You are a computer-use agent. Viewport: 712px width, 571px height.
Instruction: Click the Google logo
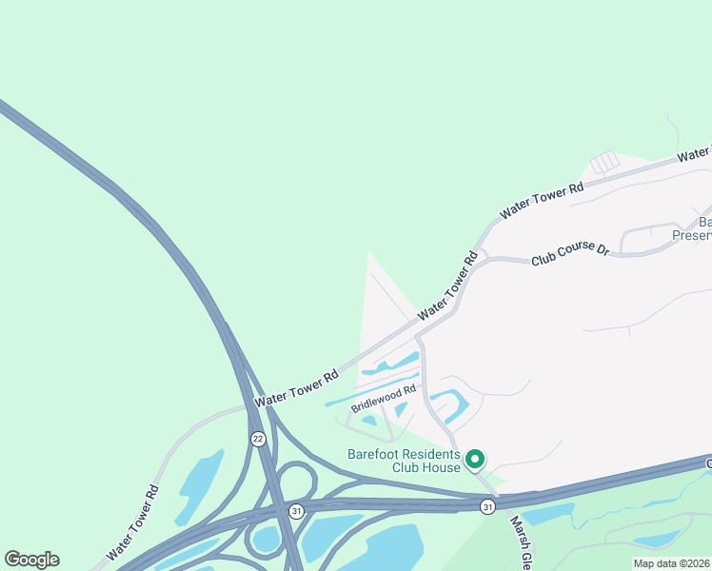tap(31, 560)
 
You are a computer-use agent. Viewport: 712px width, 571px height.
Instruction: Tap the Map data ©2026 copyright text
tap(671, 563)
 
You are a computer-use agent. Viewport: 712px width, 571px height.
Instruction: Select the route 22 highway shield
tap(258, 439)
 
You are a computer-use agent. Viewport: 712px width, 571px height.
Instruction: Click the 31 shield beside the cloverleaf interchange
tap(296, 510)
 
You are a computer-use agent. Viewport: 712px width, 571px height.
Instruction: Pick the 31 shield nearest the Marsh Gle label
tap(487, 505)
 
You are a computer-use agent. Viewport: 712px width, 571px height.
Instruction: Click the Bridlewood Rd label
tap(385, 398)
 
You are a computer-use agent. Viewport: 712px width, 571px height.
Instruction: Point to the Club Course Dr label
tap(569, 253)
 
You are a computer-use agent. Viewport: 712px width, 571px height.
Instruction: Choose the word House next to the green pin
tap(445, 467)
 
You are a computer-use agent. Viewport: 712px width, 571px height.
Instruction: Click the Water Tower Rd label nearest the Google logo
tap(132, 523)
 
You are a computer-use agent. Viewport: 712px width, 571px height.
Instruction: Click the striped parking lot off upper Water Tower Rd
tap(604, 164)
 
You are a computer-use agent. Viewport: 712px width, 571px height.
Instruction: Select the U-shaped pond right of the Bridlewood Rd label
tap(449, 404)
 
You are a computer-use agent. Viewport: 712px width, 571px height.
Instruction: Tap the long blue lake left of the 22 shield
tap(198, 485)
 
